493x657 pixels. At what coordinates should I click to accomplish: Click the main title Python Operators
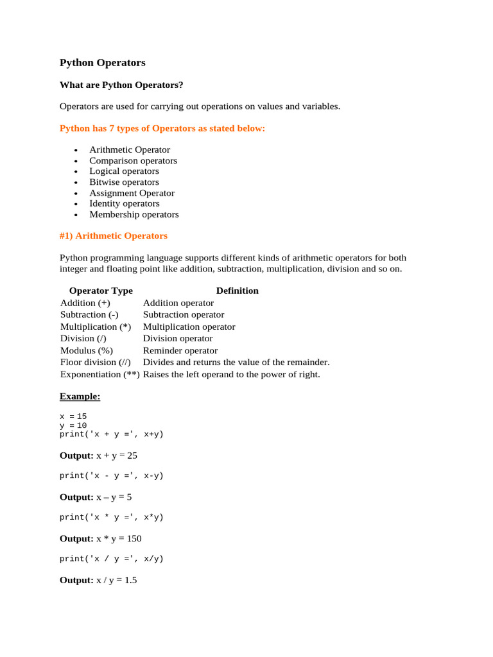pos(103,63)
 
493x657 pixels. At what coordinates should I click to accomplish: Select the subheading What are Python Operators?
pos(121,85)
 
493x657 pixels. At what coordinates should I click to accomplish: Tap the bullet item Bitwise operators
pos(124,182)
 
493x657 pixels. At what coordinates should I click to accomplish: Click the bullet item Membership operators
pos(134,214)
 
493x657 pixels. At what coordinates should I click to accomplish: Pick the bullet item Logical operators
pos(124,171)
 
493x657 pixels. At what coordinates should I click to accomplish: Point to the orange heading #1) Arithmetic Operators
pos(114,236)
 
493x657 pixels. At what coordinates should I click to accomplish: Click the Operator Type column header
pos(101,291)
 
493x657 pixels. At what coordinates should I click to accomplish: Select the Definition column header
pos(237,291)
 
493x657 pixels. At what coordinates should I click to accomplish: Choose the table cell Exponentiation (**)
pos(99,374)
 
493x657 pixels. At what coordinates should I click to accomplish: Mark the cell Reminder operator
pos(180,350)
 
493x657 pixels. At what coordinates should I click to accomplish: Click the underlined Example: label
pos(80,397)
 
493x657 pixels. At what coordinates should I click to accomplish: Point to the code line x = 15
pos(73,416)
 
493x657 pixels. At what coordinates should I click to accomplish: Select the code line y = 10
pos(73,425)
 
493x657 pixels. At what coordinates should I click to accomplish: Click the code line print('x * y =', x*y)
pos(112,517)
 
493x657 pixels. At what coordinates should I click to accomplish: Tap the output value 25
pos(132,456)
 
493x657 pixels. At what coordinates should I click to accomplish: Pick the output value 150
pos(133,538)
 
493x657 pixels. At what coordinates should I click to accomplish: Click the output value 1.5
pos(130,580)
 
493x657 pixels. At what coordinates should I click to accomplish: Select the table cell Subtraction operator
pos(184,314)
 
